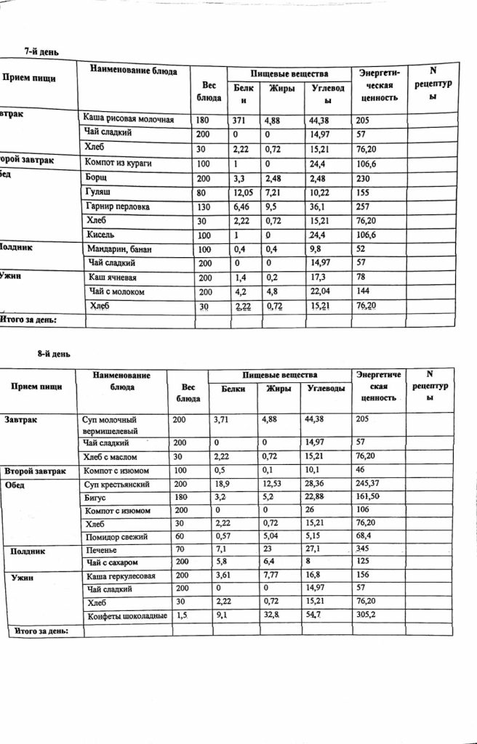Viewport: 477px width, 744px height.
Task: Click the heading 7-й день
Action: tap(41, 52)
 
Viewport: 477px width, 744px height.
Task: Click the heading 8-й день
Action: tap(53, 354)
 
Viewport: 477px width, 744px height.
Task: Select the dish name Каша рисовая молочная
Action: tap(128, 119)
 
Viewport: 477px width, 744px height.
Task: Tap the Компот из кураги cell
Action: tap(118, 163)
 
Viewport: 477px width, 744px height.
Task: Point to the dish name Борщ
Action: tap(97, 178)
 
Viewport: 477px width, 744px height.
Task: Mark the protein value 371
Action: tap(240, 119)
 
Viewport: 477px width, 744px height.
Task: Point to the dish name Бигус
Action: tap(97, 498)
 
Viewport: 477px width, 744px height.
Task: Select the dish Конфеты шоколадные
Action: tap(127, 616)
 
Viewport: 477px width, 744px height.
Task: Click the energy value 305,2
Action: tap(369, 616)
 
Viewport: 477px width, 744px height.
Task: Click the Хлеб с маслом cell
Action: tap(114, 456)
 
